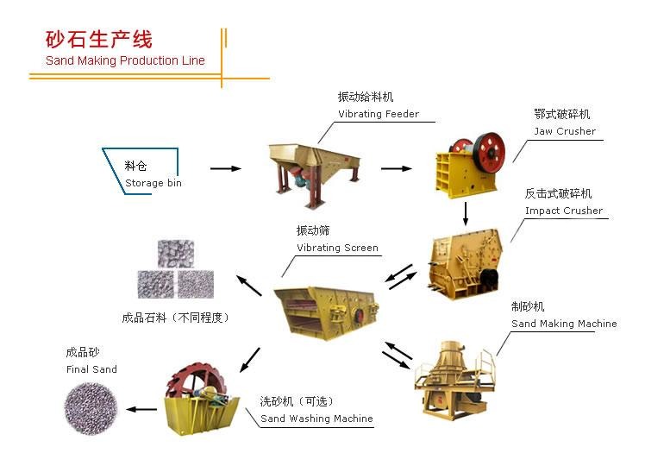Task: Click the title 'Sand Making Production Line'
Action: (x=125, y=60)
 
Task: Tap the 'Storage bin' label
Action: (x=153, y=183)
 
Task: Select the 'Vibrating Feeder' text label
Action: (x=379, y=114)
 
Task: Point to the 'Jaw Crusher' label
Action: (x=565, y=131)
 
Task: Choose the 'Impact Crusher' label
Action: (x=564, y=211)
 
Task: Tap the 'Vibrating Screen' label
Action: (x=337, y=248)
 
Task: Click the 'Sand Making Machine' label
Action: (x=564, y=324)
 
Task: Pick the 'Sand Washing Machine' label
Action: (x=316, y=419)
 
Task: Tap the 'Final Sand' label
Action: (x=91, y=369)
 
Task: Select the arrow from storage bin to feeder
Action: (x=225, y=168)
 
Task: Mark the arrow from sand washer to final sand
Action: (x=138, y=409)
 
